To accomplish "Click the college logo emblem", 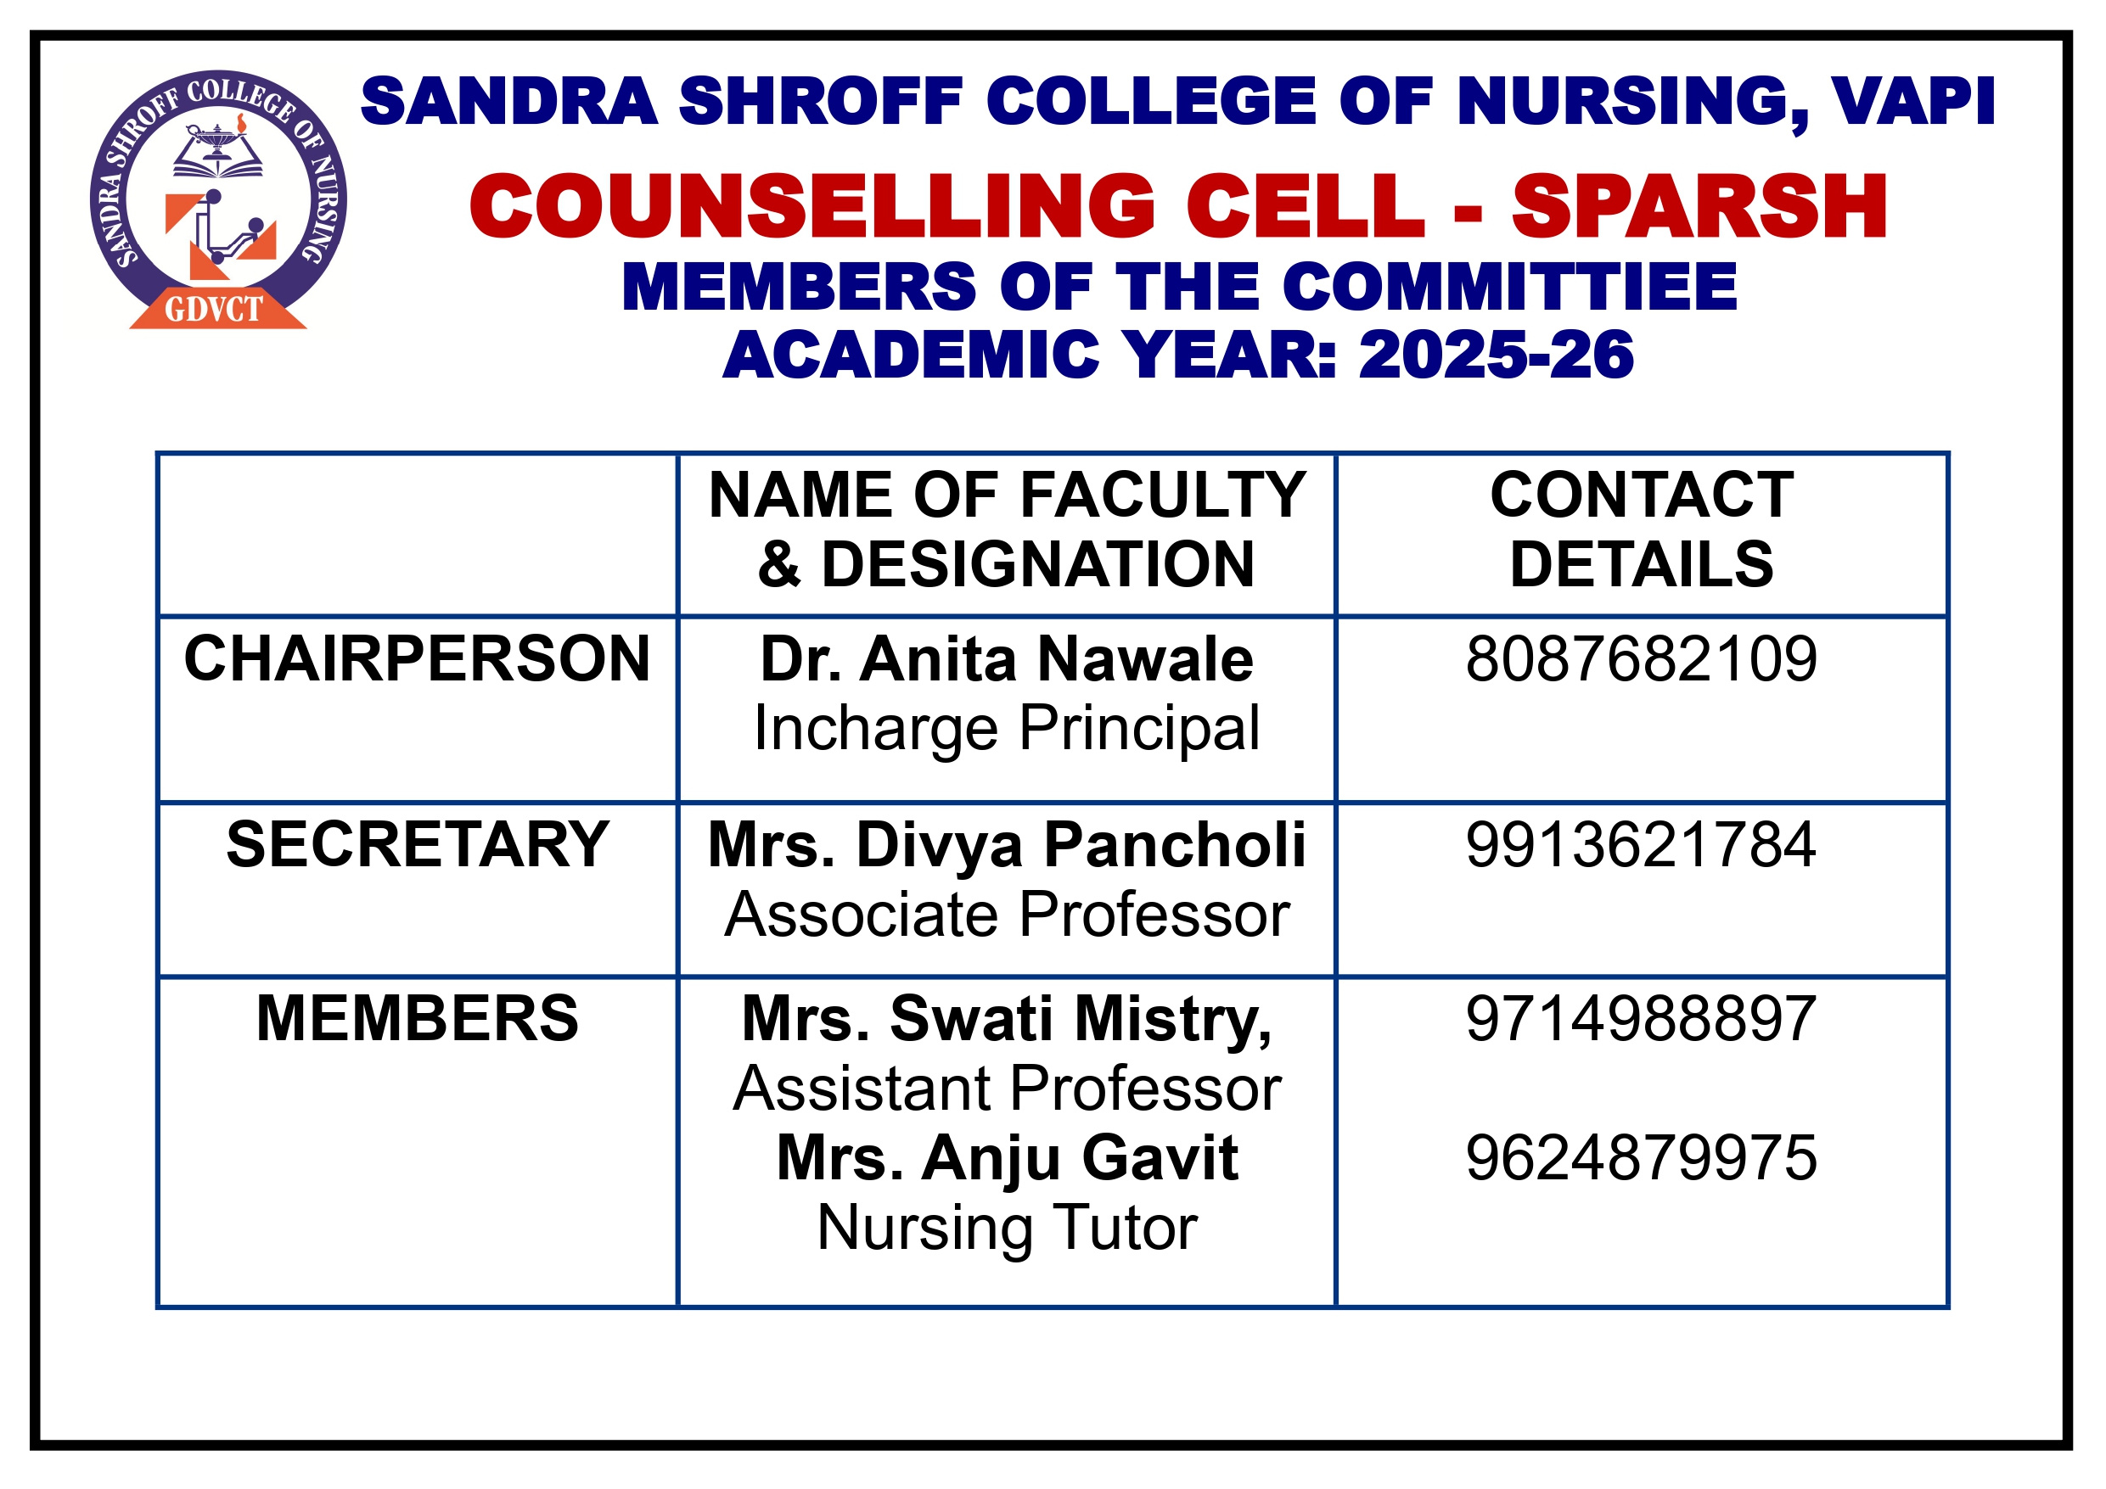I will click(218, 197).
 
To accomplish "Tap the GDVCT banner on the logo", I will click(215, 309).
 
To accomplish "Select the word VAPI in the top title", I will click(1914, 101).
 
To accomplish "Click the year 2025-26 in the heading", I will click(1496, 355).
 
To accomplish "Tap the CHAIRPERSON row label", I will click(418, 659).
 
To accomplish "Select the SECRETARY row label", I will click(418, 844).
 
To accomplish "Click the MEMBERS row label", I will click(418, 1019).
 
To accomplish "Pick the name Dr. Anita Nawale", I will click(1006, 659).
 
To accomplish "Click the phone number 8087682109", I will click(1641, 659).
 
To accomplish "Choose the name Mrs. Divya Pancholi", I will click(1006, 844).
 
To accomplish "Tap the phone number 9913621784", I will click(1641, 844).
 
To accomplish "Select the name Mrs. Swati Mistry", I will click(1006, 1019).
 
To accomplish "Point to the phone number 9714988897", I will click(1641, 1019).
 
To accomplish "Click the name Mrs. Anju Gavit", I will click(1006, 1158).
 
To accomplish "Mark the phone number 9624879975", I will click(1641, 1158).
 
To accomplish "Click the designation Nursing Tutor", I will click(1006, 1228).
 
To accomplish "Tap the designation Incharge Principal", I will click(1006, 729).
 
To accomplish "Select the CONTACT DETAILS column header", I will click(1641, 529).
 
